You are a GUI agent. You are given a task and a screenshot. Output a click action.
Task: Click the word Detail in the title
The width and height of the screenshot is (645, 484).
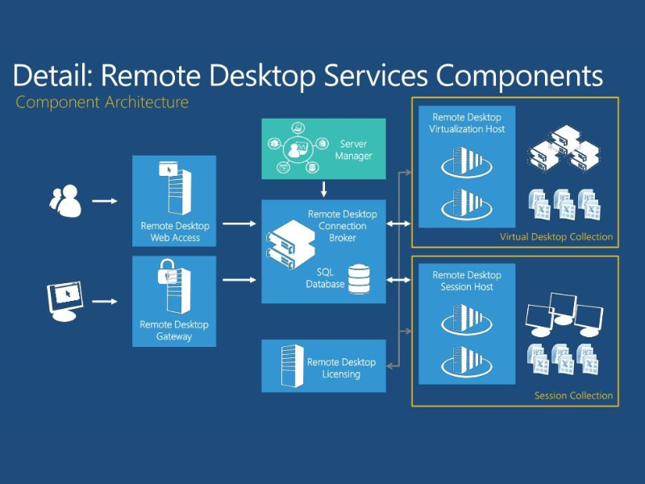pos(53,75)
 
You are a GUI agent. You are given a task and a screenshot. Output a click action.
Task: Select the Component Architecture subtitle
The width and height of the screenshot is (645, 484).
pos(102,102)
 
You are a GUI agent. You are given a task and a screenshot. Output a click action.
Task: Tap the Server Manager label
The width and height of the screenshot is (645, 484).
pos(353,150)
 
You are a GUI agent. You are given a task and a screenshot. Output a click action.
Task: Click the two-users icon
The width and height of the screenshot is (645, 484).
pos(65,201)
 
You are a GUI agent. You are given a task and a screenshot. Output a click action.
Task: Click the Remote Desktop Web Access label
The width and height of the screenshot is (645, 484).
pos(175,232)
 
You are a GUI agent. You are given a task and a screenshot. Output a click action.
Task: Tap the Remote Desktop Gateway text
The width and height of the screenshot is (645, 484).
pos(174,330)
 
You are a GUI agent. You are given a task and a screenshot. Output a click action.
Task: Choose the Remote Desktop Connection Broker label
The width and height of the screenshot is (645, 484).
pos(342,226)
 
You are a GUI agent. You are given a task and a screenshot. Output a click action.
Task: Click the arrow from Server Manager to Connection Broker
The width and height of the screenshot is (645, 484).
pos(323,190)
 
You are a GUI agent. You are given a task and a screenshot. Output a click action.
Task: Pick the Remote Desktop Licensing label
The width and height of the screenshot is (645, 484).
pos(341,368)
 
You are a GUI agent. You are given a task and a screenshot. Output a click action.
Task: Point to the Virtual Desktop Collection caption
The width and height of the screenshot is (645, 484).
pos(556,237)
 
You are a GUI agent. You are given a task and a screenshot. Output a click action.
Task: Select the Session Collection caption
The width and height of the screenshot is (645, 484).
pos(573,395)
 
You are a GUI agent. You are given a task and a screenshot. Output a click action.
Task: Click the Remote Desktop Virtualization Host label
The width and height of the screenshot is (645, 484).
pos(467,123)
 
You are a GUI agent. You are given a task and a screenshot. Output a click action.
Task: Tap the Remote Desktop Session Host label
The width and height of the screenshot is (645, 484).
pos(467,281)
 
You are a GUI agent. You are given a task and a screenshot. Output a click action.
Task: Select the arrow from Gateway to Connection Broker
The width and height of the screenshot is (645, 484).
pos(239,280)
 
